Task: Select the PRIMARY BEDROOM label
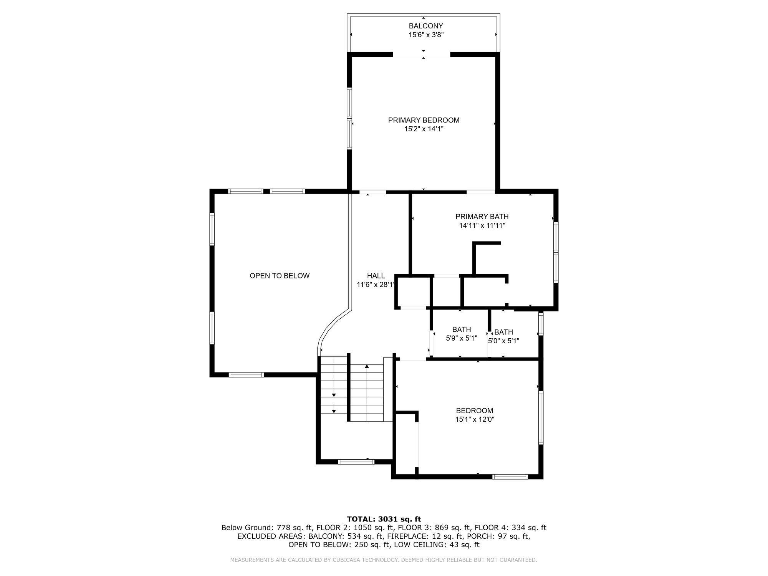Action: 424,120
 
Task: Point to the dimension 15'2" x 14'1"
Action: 424,129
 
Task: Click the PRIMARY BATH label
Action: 482,217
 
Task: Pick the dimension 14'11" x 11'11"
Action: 482,225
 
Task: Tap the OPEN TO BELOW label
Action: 280,276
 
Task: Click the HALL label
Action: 376,276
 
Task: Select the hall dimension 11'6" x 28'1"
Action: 376,285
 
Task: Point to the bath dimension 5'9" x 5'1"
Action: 461,338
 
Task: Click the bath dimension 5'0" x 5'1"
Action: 503,341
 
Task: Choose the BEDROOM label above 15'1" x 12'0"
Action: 474,410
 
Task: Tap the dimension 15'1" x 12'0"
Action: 474,419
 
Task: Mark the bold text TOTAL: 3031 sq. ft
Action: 384,519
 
